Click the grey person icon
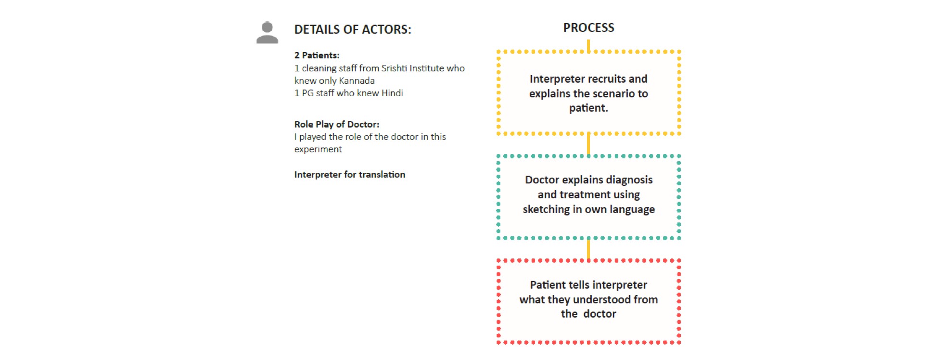(267, 33)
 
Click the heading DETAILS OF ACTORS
(353, 29)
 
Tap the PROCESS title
(588, 28)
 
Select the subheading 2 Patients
(317, 55)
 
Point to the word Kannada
(357, 81)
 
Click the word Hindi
(392, 93)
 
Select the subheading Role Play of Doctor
(337, 124)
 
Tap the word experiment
(318, 149)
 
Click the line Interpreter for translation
(350, 175)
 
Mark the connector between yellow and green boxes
(588, 144)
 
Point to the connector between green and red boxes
(588, 249)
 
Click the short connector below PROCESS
(588, 45)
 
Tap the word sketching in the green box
(546, 209)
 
